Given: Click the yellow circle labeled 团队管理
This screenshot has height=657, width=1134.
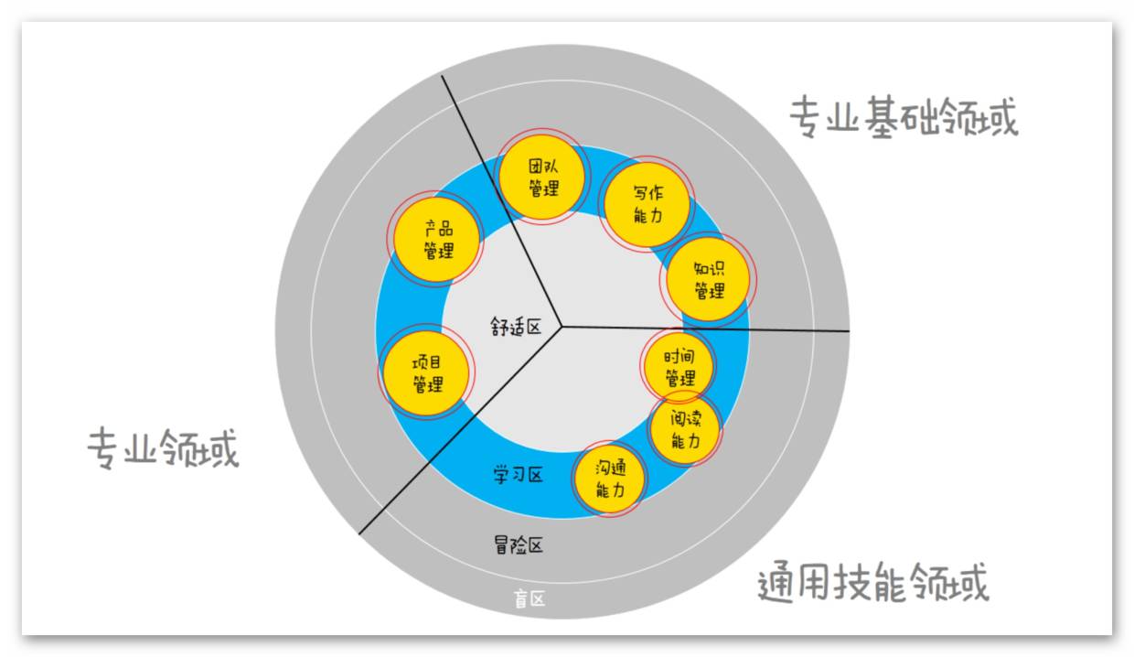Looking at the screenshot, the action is [x=542, y=178].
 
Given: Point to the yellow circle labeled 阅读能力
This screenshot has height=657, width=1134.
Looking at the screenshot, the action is [x=686, y=429].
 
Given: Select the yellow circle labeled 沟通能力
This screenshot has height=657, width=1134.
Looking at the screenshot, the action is [x=610, y=479].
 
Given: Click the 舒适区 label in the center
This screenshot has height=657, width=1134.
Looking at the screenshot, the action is [x=515, y=327].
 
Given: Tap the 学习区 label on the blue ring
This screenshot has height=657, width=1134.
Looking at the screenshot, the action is [x=519, y=475].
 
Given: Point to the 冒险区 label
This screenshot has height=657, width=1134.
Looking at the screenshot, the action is [x=519, y=545].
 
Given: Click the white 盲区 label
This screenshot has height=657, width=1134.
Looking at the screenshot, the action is [x=530, y=599].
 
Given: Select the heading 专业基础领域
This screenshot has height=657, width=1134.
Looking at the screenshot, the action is [x=904, y=118].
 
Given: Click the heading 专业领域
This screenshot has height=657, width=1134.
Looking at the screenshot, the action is [x=163, y=448].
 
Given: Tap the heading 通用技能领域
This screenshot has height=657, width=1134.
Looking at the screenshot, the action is [x=873, y=582].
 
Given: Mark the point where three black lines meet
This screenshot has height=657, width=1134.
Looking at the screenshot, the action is [x=562, y=326].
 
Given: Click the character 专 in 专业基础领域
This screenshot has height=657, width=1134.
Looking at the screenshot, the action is [x=805, y=118].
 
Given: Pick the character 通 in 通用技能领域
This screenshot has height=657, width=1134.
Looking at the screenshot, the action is [x=775, y=582].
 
